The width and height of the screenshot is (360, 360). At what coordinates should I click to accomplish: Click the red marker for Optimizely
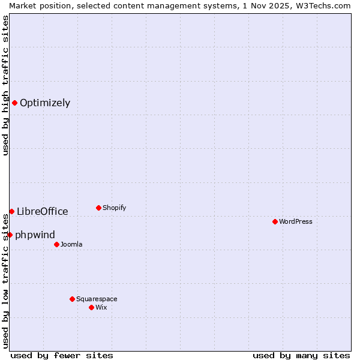(14, 103)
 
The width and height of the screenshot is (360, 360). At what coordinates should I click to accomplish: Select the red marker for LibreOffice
(11, 211)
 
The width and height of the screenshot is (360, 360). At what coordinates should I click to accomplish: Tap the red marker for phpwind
(10, 235)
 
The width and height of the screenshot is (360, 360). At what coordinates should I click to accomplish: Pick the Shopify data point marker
(98, 208)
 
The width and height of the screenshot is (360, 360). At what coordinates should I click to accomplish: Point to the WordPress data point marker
(275, 221)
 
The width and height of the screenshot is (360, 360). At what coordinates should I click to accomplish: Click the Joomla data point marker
(56, 244)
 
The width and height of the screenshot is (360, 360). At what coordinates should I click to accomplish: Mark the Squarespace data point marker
(72, 299)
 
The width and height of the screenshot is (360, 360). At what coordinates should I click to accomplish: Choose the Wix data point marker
(91, 307)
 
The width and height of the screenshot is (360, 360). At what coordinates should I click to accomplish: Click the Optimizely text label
(45, 103)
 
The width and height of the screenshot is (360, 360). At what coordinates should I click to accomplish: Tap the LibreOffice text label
(43, 211)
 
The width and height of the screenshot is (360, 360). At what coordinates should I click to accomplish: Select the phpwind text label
(35, 235)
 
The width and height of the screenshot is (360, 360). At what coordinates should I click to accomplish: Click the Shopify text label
(114, 208)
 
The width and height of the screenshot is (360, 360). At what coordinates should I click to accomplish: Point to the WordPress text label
(296, 221)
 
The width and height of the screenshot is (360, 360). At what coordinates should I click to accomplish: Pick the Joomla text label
(71, 244)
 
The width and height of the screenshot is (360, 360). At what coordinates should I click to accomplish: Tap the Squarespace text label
(97, 299)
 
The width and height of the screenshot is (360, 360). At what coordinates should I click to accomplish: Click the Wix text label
(101, 307)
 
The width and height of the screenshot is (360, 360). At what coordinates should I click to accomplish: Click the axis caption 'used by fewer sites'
(62, 355)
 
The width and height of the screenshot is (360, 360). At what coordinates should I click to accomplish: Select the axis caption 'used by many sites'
(301, 355)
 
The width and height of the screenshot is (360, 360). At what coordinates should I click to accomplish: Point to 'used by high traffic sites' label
(5, 85)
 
